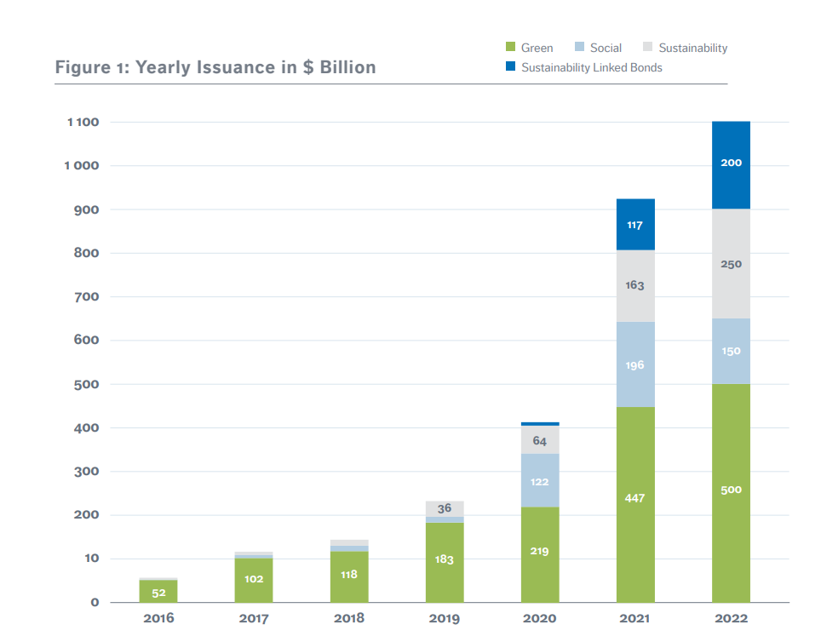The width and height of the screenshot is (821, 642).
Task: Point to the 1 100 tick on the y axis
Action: (x=83, y=122)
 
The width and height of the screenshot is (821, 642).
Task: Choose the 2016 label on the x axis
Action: (x=158, y=618)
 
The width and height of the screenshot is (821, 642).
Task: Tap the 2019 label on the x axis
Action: (x=445, y=618)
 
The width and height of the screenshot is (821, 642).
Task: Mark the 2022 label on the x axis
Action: (x=731, y=618)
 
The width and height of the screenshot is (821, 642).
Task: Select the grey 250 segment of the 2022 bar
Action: (x=731, y=264)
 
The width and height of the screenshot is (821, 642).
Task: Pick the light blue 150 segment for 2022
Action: (x=731, y=351)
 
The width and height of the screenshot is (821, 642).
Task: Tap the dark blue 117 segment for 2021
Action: (x=635, y=225)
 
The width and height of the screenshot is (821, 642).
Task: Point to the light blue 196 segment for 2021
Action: (x=635, y=365)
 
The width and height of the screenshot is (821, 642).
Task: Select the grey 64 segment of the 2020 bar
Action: (x=540, y=440)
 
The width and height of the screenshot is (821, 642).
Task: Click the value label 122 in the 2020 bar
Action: (x=540, y=482)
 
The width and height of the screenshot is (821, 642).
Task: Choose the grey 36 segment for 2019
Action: (x=445, y=508)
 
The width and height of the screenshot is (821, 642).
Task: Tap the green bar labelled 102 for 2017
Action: (x=254, y=580)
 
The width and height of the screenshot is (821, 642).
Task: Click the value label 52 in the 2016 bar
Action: (x=158, y=593)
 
